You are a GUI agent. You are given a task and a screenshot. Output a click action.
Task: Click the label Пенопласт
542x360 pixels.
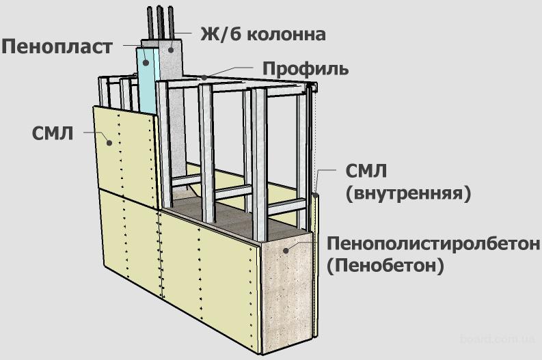(56, 47)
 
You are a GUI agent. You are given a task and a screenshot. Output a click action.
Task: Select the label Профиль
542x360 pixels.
(306, 69)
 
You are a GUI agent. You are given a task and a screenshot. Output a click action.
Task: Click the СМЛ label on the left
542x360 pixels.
(53, 132)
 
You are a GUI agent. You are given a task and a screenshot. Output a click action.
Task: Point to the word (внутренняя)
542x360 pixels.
(409, 193)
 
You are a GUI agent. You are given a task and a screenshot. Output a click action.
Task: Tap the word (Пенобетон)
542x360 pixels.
(385, 266)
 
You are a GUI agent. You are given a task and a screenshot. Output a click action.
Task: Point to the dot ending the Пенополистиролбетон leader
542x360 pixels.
(290, 249)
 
